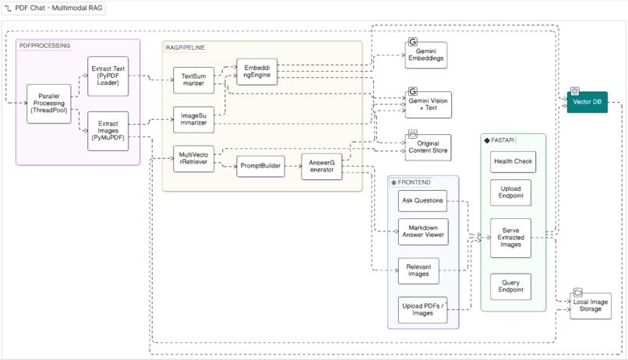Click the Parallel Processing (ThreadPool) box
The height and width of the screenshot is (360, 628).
click(x=48, y=103)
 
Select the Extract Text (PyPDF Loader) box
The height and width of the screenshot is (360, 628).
click(x=108, y=76)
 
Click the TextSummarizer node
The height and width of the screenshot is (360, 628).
click(x=193, y=81)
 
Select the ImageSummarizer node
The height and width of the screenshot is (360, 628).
click(x=193, y=121)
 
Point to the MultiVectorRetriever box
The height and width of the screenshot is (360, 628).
click(x=193, y=161)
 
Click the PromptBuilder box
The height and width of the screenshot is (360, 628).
click(x=261, y=166)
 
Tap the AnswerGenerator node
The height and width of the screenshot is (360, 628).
click(x=321, y=166)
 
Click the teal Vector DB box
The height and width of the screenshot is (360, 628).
click(x=587, y=101)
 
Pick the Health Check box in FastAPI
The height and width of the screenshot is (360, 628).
click(x=511, y=161)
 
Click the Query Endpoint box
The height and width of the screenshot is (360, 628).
click(x=511, y=287)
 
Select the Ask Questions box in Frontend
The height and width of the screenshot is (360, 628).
click(x=422, y=201)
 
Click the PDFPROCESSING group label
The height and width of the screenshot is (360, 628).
click(x=44, y=46)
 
